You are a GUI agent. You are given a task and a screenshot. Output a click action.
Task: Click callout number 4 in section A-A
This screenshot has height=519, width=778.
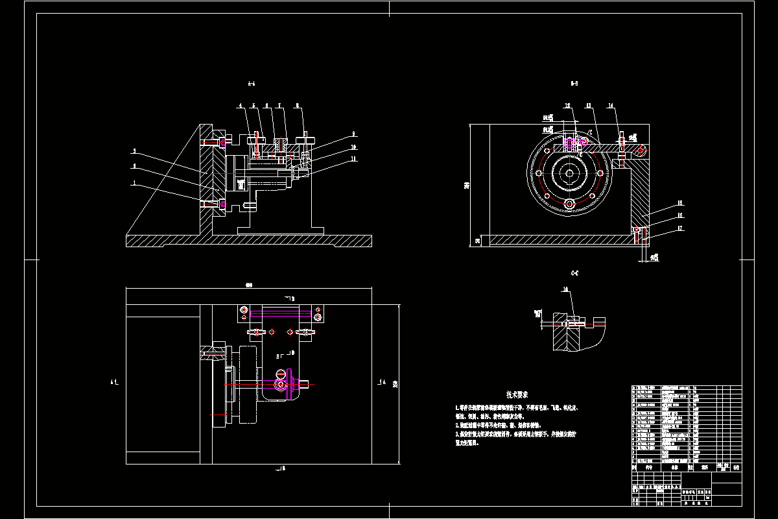[x=239, y=105]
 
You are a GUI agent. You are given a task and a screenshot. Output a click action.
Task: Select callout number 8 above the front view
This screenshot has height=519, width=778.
[x=297, y=105]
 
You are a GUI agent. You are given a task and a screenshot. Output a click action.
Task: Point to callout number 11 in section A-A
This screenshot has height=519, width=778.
[x=353, y=158]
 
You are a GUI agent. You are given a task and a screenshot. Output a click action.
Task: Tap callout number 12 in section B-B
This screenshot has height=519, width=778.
[x=567, y=105]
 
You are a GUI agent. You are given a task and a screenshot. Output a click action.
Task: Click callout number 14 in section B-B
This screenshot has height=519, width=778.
[x=610, y=105]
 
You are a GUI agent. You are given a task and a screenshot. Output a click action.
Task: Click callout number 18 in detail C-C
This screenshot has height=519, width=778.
[x=565, y=289]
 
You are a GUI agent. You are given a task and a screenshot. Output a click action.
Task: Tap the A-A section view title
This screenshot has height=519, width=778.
[x=252, y=84]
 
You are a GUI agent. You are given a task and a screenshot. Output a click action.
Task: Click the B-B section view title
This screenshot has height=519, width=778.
[x=574, y=84]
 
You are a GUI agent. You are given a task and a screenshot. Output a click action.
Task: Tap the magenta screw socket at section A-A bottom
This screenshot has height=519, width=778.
[x=223, y=204]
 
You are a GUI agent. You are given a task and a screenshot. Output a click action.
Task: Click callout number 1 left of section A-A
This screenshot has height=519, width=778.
[x=134, y=184]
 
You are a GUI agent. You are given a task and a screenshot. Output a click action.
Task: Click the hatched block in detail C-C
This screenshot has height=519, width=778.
[x=566, y=337]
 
